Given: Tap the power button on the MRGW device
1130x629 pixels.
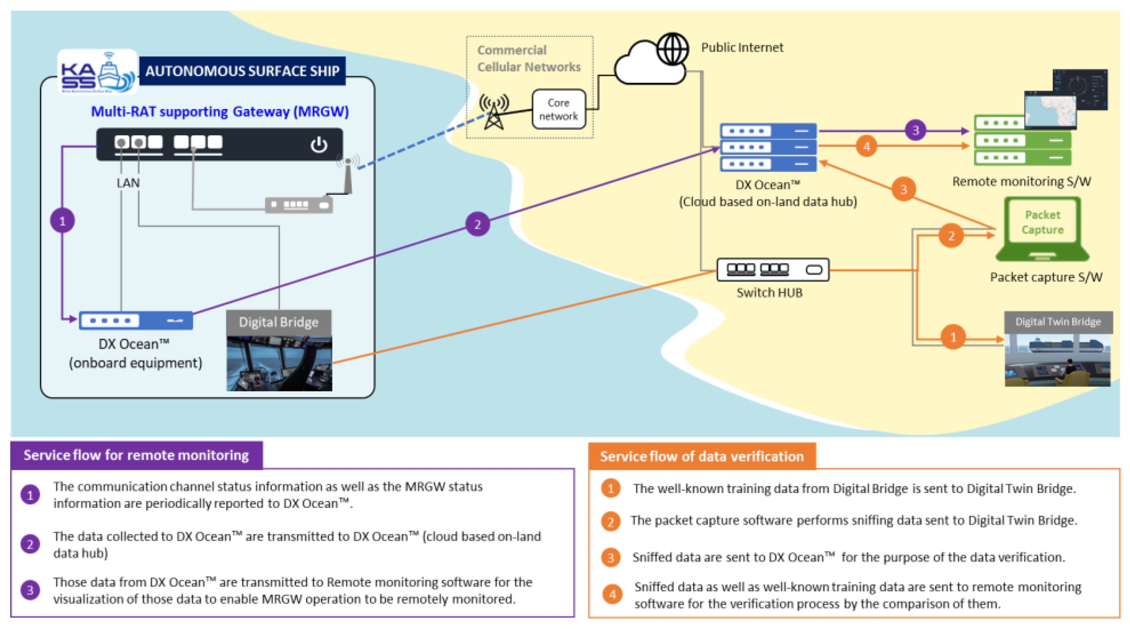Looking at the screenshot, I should [x=319, y=144].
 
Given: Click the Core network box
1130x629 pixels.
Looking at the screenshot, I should [x=559, y=109].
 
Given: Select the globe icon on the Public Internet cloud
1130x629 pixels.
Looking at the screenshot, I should [x=672, y=49].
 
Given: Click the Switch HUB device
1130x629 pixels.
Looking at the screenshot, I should [x=773, y=269].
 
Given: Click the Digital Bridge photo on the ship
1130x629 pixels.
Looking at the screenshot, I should [x=279, y=363].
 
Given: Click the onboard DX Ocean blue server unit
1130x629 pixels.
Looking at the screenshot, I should [x=136, y=321].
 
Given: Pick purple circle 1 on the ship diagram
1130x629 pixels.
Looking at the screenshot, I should [x=62, y=221].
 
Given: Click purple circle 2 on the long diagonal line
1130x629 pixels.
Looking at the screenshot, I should [x=477, y=224].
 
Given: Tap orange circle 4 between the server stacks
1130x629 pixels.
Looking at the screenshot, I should [x=867, y=146].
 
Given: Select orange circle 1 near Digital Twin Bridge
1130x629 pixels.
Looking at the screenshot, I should [x=953, y=337].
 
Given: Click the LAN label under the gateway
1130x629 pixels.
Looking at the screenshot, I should [x=128, y=183].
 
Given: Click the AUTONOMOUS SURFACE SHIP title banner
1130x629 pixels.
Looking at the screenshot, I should [x=242, y=71].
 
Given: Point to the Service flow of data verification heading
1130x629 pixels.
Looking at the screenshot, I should [x=701, y=456].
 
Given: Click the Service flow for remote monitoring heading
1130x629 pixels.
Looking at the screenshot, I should [x=136, y=455].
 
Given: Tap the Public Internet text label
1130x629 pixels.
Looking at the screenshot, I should [x=742, y=48].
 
